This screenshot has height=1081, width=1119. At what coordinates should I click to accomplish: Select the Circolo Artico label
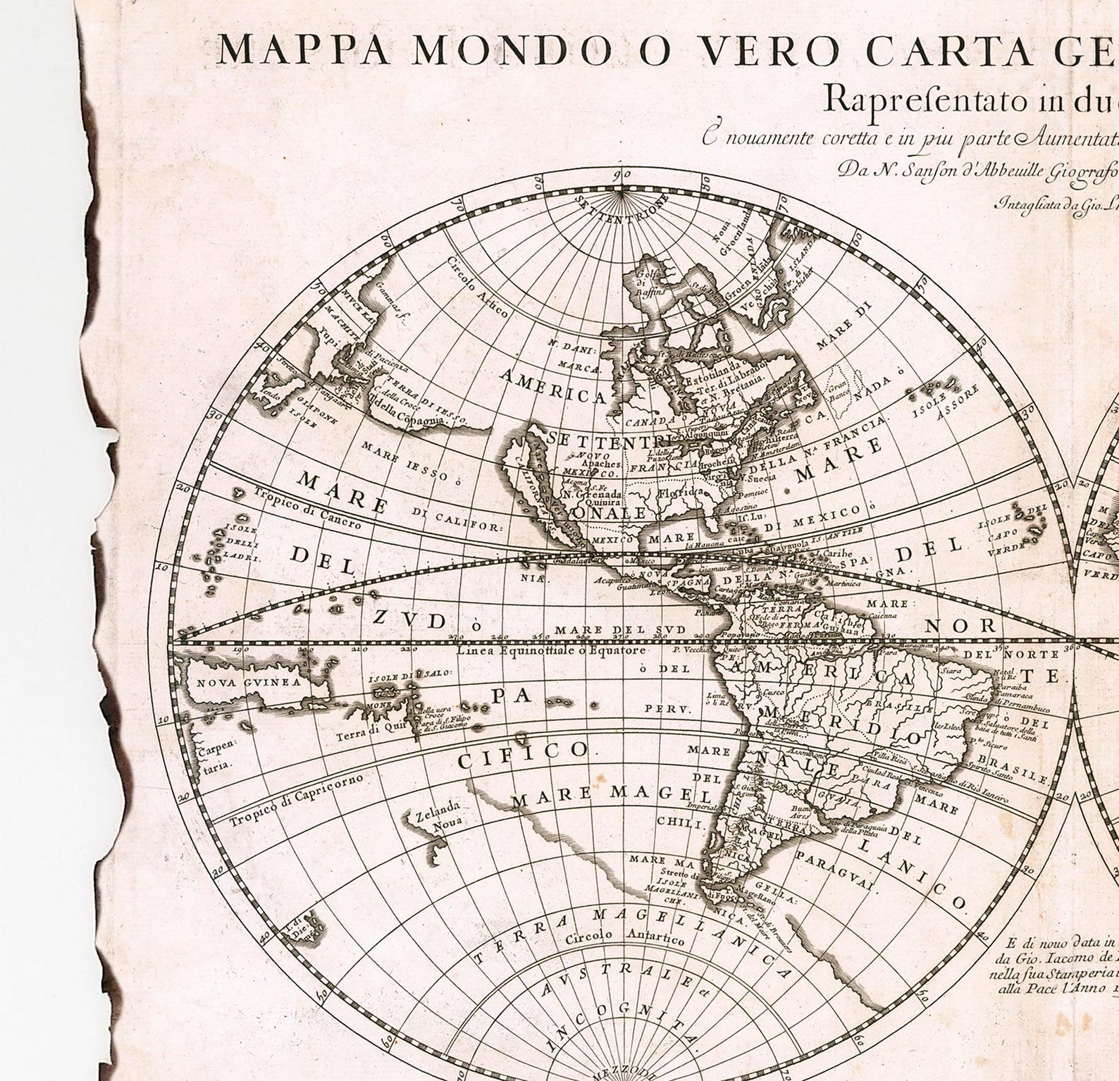pos(475,288)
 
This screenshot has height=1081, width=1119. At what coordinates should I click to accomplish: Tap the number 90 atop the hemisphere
pos(622,175)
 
